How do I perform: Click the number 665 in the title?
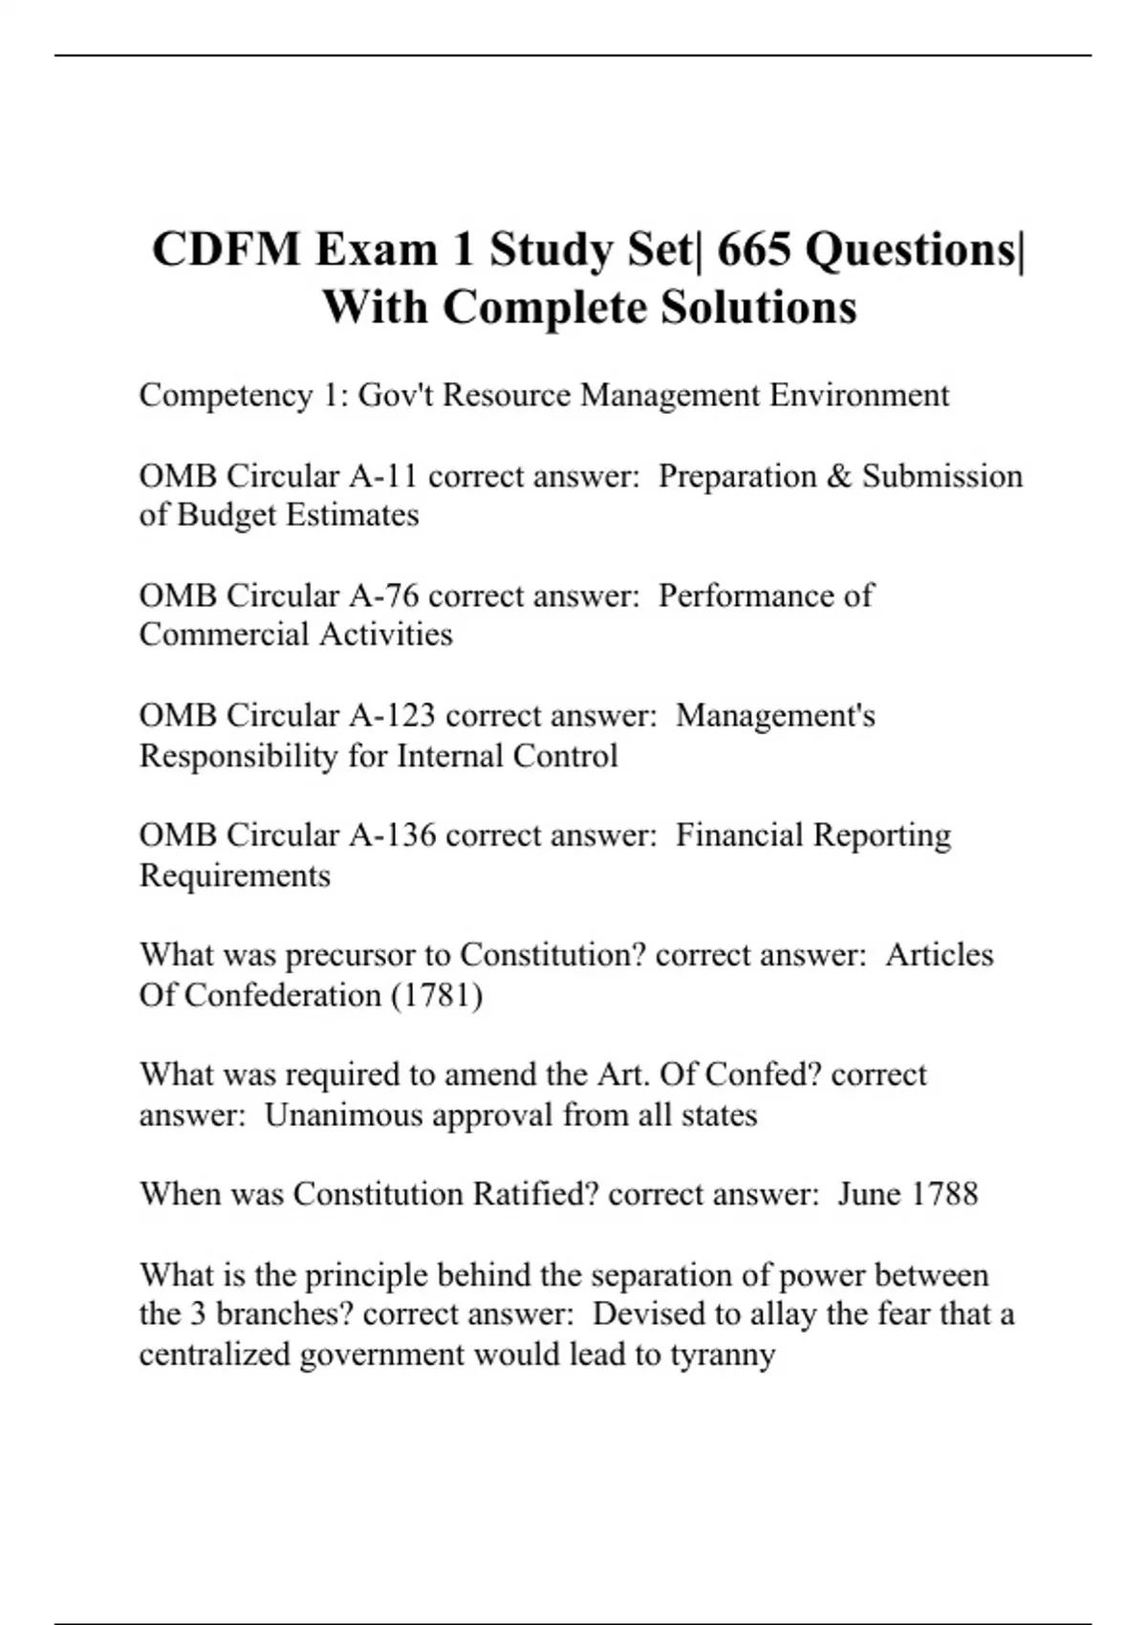click(x=754, y=250)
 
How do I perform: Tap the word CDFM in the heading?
click(x=227, y=250)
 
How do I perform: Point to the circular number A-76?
click(x=383, y=596)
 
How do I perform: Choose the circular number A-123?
click(x=392, y=715)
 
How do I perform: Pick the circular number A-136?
click(x=392, y=834)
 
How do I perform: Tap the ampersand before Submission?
click(x=838, y=476)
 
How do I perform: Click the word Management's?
click(x=775, y=715)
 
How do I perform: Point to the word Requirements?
click(x=235, y=876)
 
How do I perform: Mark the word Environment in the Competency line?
click(x=859, y=396)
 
